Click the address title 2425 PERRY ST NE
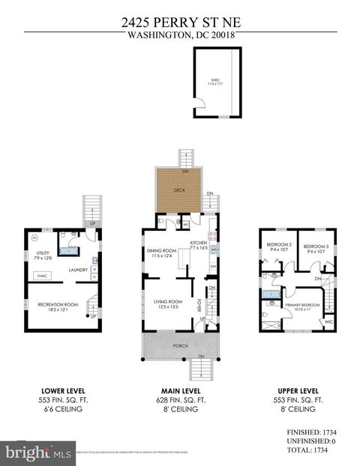tap(180, 22)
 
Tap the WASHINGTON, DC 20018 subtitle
tap(180, 34)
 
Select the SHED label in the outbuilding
tap(214, 79)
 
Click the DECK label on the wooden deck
tap(179, 190)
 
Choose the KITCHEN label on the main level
tap(199, 243)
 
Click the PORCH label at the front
tap(180, 345)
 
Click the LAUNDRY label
tap(79, 270)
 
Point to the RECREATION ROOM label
tap(58, 304)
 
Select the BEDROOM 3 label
tap(316, 246)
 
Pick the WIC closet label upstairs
tap(328, 322)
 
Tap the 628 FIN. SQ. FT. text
tap(180, 400)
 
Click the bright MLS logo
tap(37, 453)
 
